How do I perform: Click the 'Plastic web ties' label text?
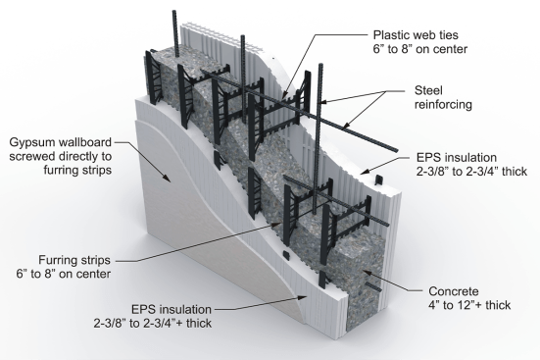click(x=416, y=35)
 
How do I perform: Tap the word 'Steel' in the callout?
click(x=428, y=90)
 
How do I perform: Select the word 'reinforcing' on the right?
click(x=443, y=105)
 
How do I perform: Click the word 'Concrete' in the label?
click(x=453, y=291)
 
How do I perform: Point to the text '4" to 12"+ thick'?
click(x=469, y=305)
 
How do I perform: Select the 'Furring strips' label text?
click(x=74, y=260)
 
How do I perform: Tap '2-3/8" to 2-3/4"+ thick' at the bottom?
click(x=153, y=324)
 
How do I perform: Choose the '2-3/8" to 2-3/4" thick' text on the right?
click(x=471, y=172)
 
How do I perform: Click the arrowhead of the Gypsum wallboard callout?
click(x=167, y=179)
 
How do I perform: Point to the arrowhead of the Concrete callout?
click(x=367, y=273)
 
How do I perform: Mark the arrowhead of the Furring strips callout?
click(x=277, y=224)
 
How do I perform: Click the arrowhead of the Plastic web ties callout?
click(x=283, y=95)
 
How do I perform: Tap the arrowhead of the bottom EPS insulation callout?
click(x=303, y=297)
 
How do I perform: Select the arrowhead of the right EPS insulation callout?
click(x=365, y=171)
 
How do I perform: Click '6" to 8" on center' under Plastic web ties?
click(x=420, y=49)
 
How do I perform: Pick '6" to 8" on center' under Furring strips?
click(x=64, y=274)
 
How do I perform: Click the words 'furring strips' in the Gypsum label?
click(x=77, y=171)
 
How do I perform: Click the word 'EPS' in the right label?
click(x=428, y=158)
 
